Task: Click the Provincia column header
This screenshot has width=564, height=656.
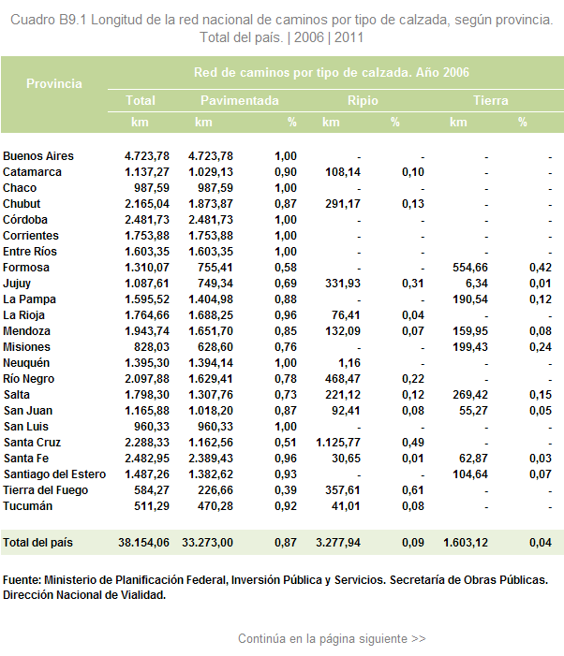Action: pyautogui.click(x=54, y=83)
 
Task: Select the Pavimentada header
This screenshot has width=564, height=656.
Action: pyautogui.click(x=240, y=100)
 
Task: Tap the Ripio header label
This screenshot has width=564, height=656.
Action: pyautogui.click(x=363, y=100)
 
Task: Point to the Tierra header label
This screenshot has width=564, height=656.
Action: pyautogui.click(x=491, y=100)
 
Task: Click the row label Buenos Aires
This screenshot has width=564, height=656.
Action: pyautogui.click(x=38, y=156)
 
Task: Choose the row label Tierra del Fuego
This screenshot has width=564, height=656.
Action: pyautogui.click(x=46, y=490)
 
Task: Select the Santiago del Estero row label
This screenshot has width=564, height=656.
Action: pyautogui.click(x=55, y=474)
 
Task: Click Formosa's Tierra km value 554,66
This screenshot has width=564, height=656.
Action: pyautogui.click(x=470, y=268)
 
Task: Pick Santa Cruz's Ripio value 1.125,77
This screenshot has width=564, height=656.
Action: pyautogui.click(x=338, y=443)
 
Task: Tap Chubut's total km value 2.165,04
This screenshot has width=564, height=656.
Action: pyautogui.click(x=147, y=204)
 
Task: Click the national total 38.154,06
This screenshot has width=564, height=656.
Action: pyautogui.click(x=143, y=543)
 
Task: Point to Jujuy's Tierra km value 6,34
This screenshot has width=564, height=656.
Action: pyautogui.click(x=477, y=284)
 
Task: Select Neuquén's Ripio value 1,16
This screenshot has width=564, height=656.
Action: pyautogui.click(x=349, y=363)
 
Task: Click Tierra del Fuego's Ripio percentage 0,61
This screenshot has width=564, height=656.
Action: pyautogui.click(x=413, y=490)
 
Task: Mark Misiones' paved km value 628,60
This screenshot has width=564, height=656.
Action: pyautogui.click(x=215, y=347)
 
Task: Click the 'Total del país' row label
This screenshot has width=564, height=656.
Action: pyautogui.click(x=37, y=543)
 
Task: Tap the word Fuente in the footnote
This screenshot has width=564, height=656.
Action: pyautogui.click(x=22, y=580)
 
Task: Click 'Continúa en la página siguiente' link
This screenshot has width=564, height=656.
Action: pyautogui.click(x=332, y=639)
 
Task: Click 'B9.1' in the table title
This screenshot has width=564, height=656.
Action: pyautogui.click(x=72, y=20)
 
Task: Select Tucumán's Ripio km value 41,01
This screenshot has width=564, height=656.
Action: pyautogui.click(x=346, y=506)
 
